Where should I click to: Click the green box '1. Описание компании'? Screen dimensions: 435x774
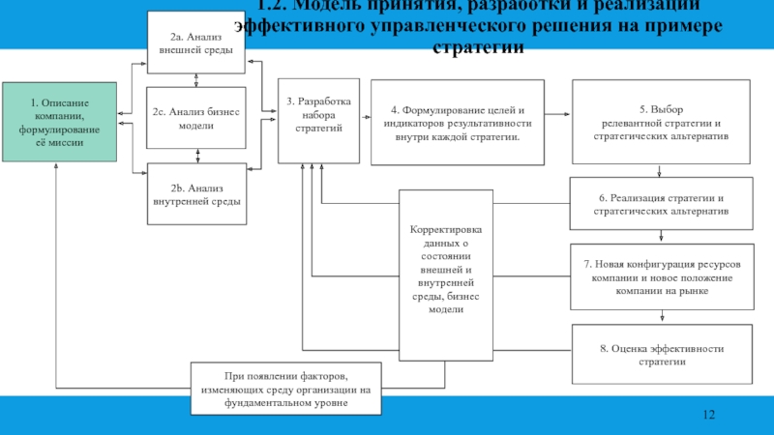click(x=59, y=122)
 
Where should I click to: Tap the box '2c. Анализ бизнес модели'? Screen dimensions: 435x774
click(x=197, y=118)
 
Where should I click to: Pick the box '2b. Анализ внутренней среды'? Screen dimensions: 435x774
click(x=197, y=193)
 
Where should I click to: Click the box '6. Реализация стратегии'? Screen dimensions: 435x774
click(x=661, y=204)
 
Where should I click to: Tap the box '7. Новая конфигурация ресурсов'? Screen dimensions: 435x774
click(x=661, y=277)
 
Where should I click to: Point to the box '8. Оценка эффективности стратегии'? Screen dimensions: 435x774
click(x=661, y=354)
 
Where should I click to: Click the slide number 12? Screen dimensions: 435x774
click(x=708, y=415)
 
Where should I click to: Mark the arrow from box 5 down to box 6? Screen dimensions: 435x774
click(x=661, y=172)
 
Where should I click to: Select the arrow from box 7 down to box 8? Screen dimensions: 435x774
click(x=661, y=316)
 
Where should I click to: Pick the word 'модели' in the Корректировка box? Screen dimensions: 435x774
click(x=446, y=309)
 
